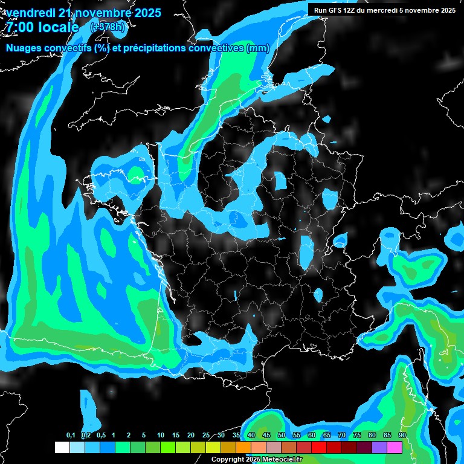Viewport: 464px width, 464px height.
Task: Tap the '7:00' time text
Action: coord(21,27)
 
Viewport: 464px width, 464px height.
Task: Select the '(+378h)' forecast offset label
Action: coord(108,27)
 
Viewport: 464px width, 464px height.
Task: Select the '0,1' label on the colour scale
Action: coord(70,435)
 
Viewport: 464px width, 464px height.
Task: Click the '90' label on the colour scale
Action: coord(402,435)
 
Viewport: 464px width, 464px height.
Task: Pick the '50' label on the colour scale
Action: coord(282,435)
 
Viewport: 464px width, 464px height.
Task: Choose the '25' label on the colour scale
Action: coord(206,435)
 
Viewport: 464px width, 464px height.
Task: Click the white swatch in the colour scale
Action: coord(62,447)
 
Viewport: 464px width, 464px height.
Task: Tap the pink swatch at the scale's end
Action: coord(394,447)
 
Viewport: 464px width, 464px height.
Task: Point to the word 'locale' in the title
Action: coord(59,27)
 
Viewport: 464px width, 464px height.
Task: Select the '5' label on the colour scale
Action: coord(144,435)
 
